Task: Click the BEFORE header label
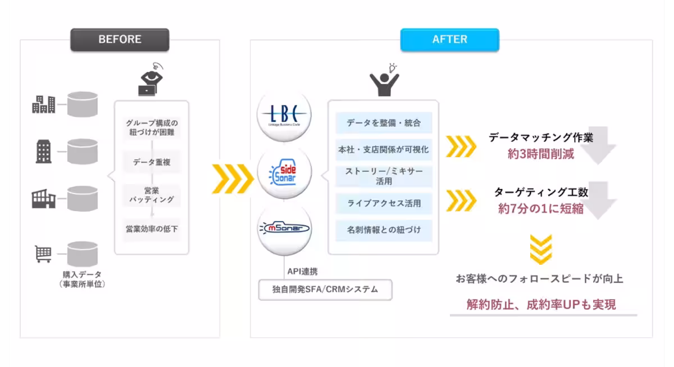(120, 40)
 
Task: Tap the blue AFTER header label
(449, 40)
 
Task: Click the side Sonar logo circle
(284, 172)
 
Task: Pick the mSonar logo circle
(284, 228)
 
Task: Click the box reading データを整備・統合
(384, 123)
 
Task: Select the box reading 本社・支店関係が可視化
(384, 149)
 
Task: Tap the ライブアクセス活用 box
(384, 203)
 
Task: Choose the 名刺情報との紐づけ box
(384, 230)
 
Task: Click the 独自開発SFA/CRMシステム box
(325, 290)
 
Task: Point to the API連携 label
(302, 272)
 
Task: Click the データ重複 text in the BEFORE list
(152, 162)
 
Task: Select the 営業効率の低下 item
(152, 228)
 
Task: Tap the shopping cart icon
(44, 255)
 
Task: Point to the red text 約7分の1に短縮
(540, 209)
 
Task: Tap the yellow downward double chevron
(540, 250)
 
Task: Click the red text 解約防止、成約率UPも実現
(541, 305)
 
